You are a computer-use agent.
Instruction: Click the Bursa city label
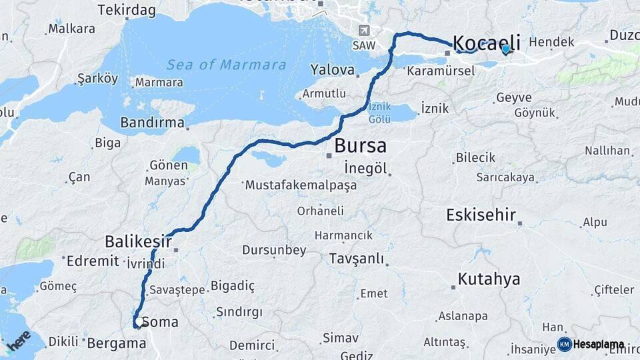click(360, 146)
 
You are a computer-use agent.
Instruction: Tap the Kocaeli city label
click(487, 43)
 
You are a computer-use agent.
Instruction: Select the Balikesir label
click(138, 241)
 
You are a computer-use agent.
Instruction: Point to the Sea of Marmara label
click(226, 65)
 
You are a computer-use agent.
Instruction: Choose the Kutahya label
click(489, 279)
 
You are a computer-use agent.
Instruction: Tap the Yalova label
click(332, 70)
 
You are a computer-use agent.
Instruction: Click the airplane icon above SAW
click(363, 31)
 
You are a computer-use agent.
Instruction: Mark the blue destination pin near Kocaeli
click(505, 49)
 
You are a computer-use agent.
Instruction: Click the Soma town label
click(160, 323)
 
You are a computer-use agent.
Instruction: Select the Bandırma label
click(152, 123)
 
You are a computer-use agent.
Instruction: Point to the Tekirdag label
click(126, 10)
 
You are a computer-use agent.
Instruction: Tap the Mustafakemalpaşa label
click(301, 185)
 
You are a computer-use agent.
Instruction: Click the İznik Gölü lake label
click(379, 113)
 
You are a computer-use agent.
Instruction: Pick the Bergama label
click(116, 343)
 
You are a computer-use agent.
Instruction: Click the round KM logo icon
click(564, 344)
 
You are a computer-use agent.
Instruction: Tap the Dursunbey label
click(274, 251)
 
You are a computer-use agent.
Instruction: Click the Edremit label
click(93, 261)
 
